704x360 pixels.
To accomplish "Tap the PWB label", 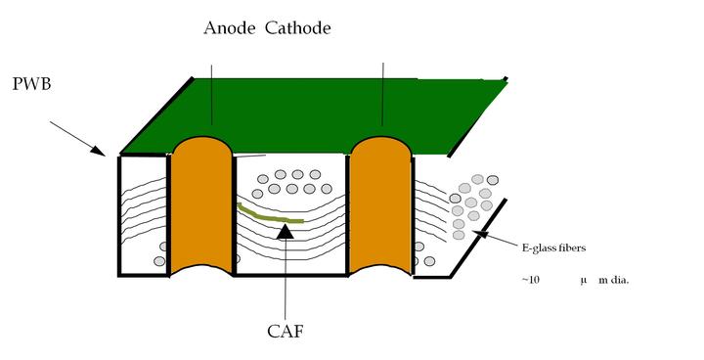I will [x=32, y=85].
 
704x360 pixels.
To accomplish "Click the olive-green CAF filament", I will [x=269, y=214].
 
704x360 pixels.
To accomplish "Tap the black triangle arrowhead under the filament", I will [x=285, y=231].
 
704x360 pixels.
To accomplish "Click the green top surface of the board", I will [x=313, y=112].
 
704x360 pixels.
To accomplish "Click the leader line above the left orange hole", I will [x=211, y=93].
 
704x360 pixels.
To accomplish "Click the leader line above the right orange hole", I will [x=382, y=93].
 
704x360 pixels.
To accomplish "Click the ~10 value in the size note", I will [x=529, y=280].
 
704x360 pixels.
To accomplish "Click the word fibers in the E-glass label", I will [x=568, y=248].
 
